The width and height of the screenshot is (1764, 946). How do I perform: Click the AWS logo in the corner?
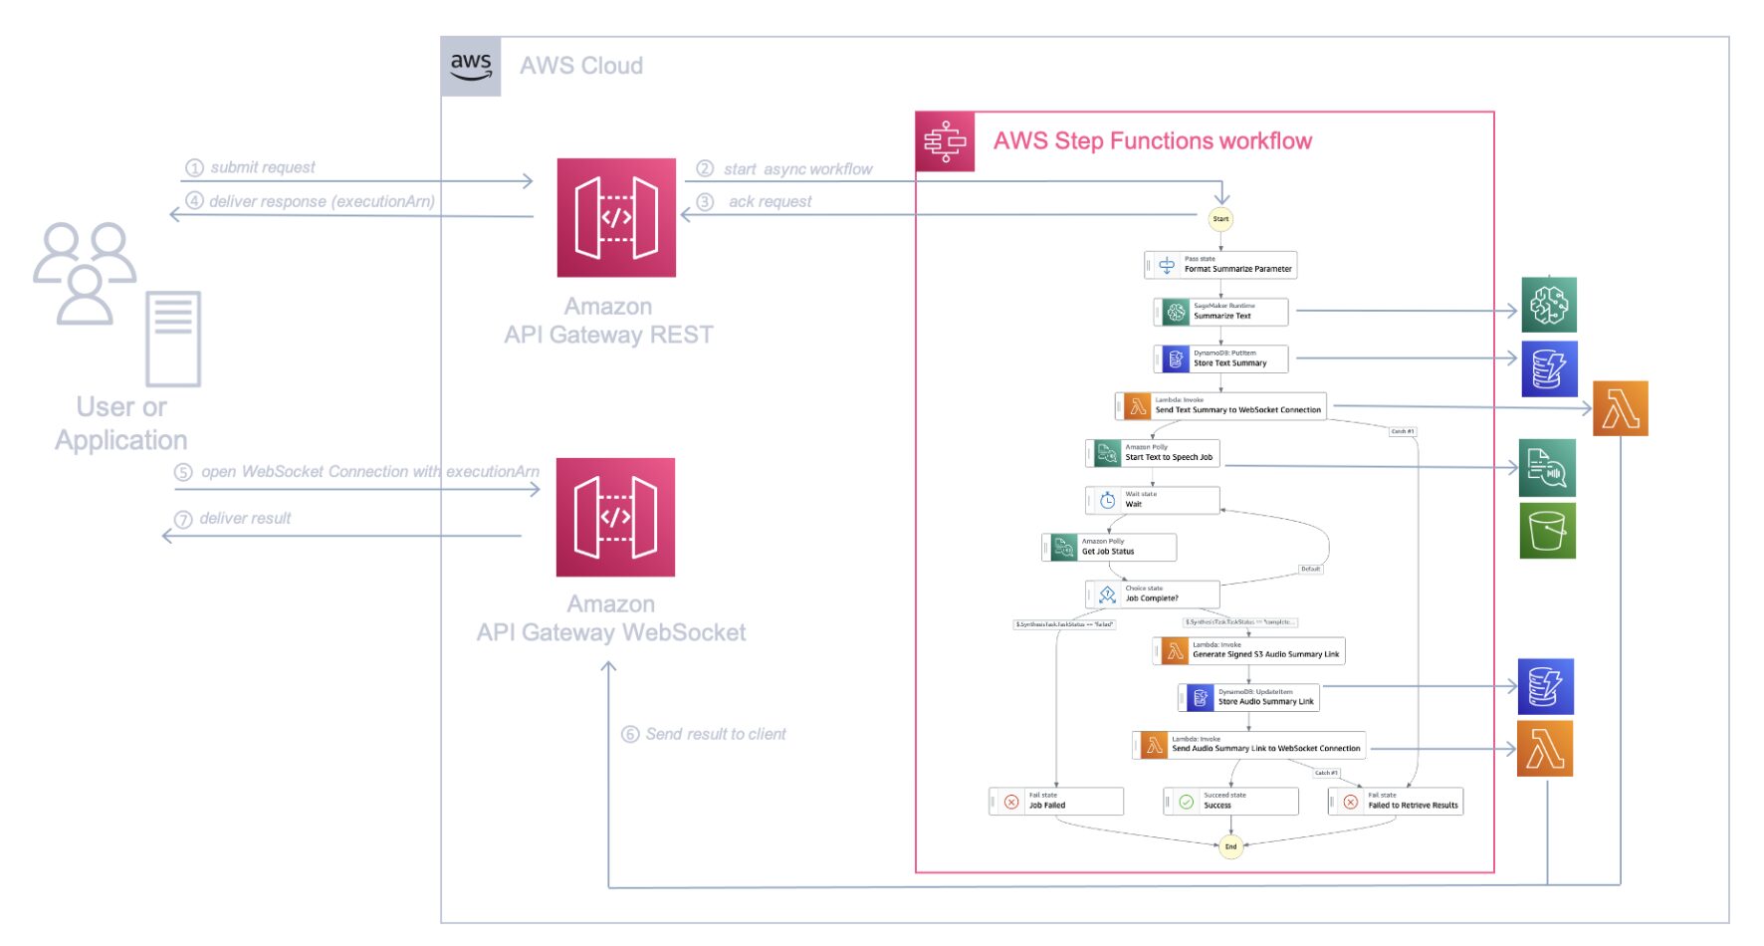click(x=471, y=67)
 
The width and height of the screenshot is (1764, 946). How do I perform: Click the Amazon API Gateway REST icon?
click(x=616, y=217)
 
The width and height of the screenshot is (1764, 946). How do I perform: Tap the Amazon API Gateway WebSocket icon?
click(x=615, y=517)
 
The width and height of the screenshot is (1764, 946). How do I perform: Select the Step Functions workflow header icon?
click(x=945, y=141)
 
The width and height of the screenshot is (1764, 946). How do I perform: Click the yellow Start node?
click(x=1220, y=219)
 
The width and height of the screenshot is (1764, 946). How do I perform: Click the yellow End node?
click(x=1231, y=846)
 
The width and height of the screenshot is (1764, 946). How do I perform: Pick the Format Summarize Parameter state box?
click(x=1221, y=265)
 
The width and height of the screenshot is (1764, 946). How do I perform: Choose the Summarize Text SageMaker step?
click(x=1221, y=312)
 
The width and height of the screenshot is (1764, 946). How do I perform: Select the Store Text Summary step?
click(x=1221, y=358)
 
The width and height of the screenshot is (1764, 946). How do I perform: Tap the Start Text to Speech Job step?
click(x=1154, y=453)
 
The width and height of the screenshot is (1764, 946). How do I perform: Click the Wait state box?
click(x=1153, y=500)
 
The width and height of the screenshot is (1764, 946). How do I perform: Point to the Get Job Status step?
click(x=1110, y=547)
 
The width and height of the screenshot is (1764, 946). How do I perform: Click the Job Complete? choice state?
click(x=1153, y=594)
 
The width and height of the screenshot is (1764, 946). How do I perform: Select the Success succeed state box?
click(x=1231, y=801)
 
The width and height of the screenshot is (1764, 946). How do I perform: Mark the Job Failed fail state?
click(x=1057, y=801)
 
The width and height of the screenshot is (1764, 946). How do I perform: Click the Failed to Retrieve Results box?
click(x=1396, y=801)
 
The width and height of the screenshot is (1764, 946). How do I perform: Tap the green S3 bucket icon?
click(x=1547, y=530)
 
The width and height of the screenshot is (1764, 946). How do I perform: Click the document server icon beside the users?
click(x=174, y=339)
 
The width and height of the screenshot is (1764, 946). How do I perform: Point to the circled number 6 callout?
click(x=630, y=735)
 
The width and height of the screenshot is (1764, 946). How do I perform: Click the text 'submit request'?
click(x=263, y=167)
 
